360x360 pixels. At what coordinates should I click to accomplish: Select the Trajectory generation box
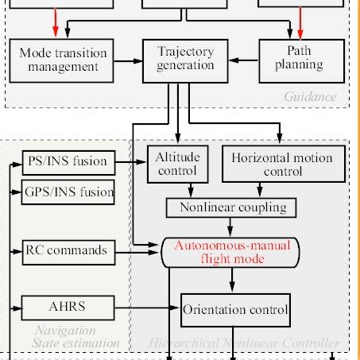coord(186,59)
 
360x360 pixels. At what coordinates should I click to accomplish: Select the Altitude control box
coord(178,164)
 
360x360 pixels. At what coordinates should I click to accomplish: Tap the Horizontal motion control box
coord(282,164)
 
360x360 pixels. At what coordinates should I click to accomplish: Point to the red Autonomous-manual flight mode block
coord(233,252)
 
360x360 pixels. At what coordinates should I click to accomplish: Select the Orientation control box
coord(235,308)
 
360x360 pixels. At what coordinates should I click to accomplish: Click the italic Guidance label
coord(310,98)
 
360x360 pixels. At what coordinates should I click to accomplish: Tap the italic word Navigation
coord(65,331)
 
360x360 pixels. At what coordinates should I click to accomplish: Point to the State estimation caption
coord(76,343)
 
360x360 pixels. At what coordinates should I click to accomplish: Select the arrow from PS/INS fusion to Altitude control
coord(131,161)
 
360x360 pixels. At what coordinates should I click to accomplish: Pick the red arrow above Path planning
coord(301,23)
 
